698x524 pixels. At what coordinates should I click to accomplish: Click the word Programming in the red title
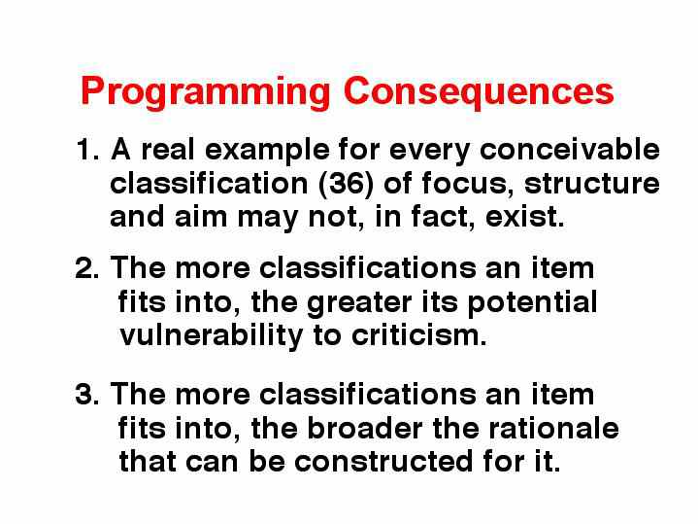205,93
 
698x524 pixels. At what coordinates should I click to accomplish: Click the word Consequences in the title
479,92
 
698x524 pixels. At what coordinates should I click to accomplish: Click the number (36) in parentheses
347,184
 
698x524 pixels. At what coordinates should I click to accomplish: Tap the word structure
592,184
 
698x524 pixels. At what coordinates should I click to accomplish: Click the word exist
525,216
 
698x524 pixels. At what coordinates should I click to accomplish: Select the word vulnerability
212,335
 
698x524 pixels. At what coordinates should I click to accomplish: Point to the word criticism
418,335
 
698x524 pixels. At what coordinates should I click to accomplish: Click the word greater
359,303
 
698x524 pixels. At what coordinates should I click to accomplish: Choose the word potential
532,302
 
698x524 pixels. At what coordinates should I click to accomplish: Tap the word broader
365,428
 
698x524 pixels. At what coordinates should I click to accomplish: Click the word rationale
553,428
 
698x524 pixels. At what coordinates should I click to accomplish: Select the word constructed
383,461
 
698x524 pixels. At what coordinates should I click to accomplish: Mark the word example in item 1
267,151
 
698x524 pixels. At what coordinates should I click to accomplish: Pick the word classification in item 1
209,183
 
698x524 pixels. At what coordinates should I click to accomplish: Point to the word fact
443,217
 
